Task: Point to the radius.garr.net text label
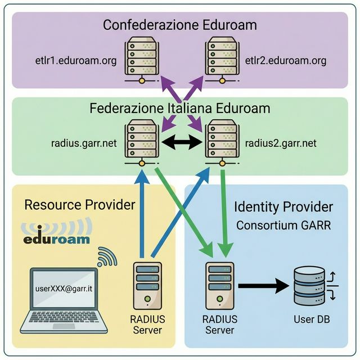coord(84,143)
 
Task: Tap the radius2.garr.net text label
coord(281,143)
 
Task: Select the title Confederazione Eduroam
coord(179,25)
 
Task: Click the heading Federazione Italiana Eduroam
coord(179,107)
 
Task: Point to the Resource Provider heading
coord(80,205)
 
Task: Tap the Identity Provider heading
coord(283,207)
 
